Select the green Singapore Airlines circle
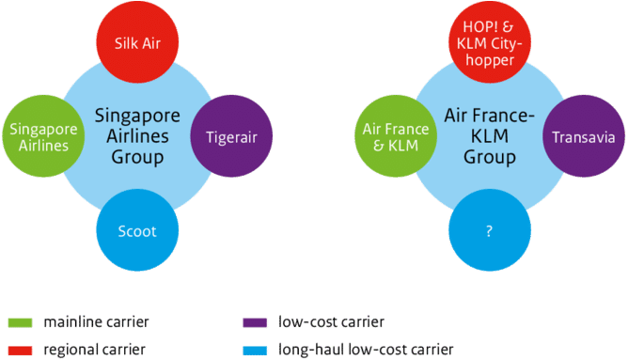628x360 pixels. click(x=40, y=136)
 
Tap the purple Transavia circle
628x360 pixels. click(x=583, y=137)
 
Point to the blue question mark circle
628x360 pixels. click(x=489, y=231)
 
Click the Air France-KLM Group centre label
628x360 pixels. click(x=489, y=137)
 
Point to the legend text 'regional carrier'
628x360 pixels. click(x=93, y=350)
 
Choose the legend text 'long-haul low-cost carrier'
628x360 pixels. click(x=368, y=350)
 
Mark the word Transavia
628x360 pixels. click(x=583, y=137)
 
